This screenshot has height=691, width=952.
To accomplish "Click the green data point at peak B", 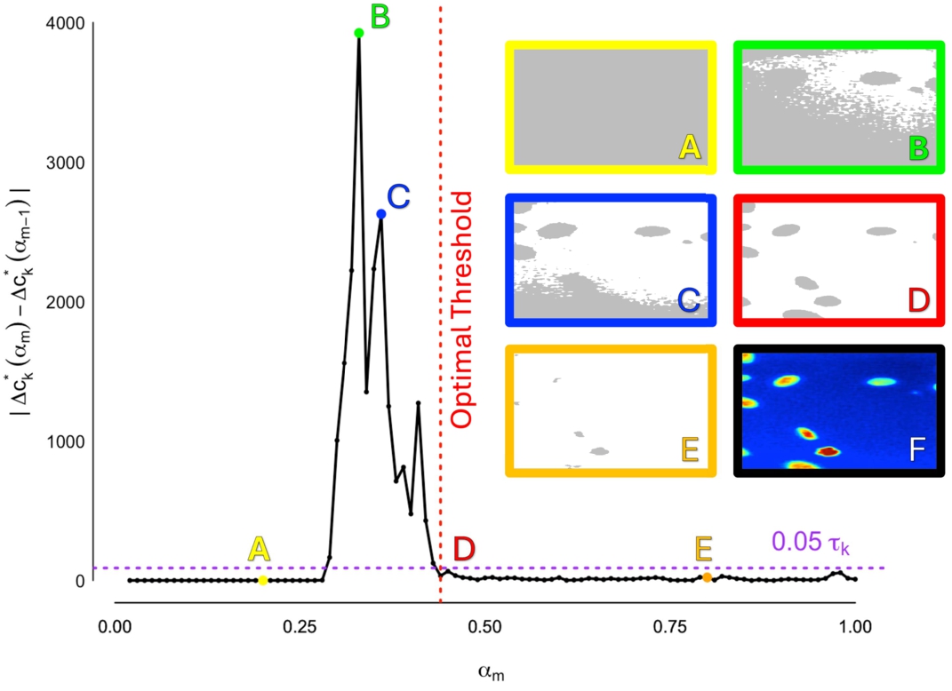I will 358,33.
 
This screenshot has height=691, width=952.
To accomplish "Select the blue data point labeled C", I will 380,214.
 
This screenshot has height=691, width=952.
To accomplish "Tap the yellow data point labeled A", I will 262,580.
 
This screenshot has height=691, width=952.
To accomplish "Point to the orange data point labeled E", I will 707,577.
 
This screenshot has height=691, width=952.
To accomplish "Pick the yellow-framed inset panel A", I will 611,107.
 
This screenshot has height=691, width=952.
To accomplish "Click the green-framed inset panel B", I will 838,107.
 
